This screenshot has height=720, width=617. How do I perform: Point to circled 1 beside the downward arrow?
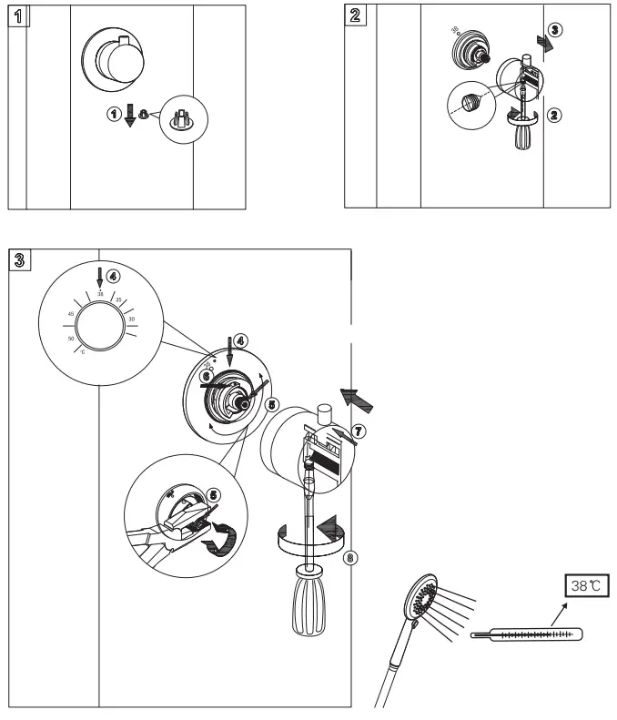pos(113,115)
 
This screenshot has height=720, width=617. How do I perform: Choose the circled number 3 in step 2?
pos(555,29)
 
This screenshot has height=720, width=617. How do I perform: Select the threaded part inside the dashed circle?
pos(470,102)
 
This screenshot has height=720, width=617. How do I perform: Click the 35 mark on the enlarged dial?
pos(118,299)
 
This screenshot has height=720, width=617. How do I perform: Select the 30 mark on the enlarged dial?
pos(132,319)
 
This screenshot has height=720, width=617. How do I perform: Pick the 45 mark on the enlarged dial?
pos(70,314)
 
